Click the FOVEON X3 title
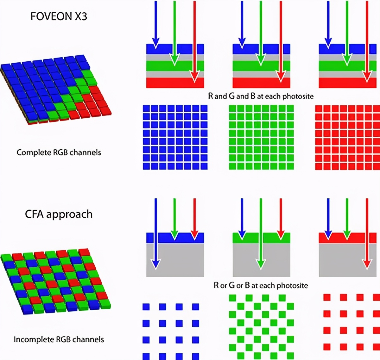(59, 16)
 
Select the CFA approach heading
(59, 214)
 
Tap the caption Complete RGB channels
(59, 152)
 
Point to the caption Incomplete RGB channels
(59, 339)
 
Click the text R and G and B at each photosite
(261, 96)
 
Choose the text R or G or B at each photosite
(261, 285)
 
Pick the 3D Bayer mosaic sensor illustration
(56, 282)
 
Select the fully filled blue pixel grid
(175, 137)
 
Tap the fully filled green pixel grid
(261, 137)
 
